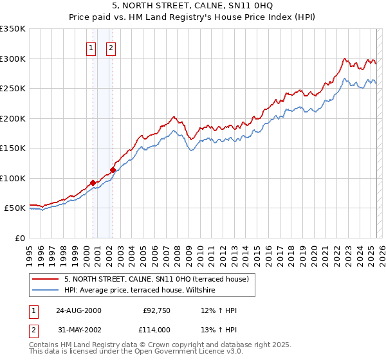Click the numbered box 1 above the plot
pos(91,48)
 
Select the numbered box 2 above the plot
pos(111,48)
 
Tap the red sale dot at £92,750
pos(93,183)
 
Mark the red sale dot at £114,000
pos(113,170)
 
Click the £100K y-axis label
pos(13,178)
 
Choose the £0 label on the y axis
pos(19,238)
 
